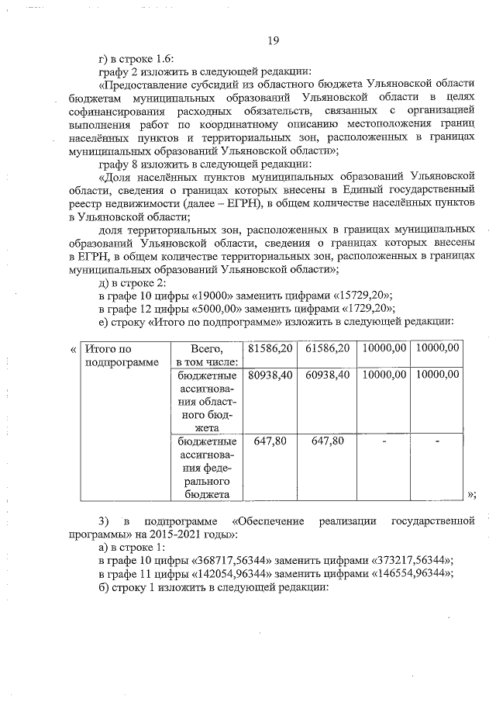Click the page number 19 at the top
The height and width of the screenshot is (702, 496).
pyautogui.click(x=272, y=41)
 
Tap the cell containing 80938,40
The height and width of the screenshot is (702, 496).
pyautogui.click(x=270, y=374)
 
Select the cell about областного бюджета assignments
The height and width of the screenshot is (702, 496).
pyautogui.click(x=205, y=400)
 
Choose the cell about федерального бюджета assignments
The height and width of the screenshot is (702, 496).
pyautogui.click(x=205, y=467)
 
